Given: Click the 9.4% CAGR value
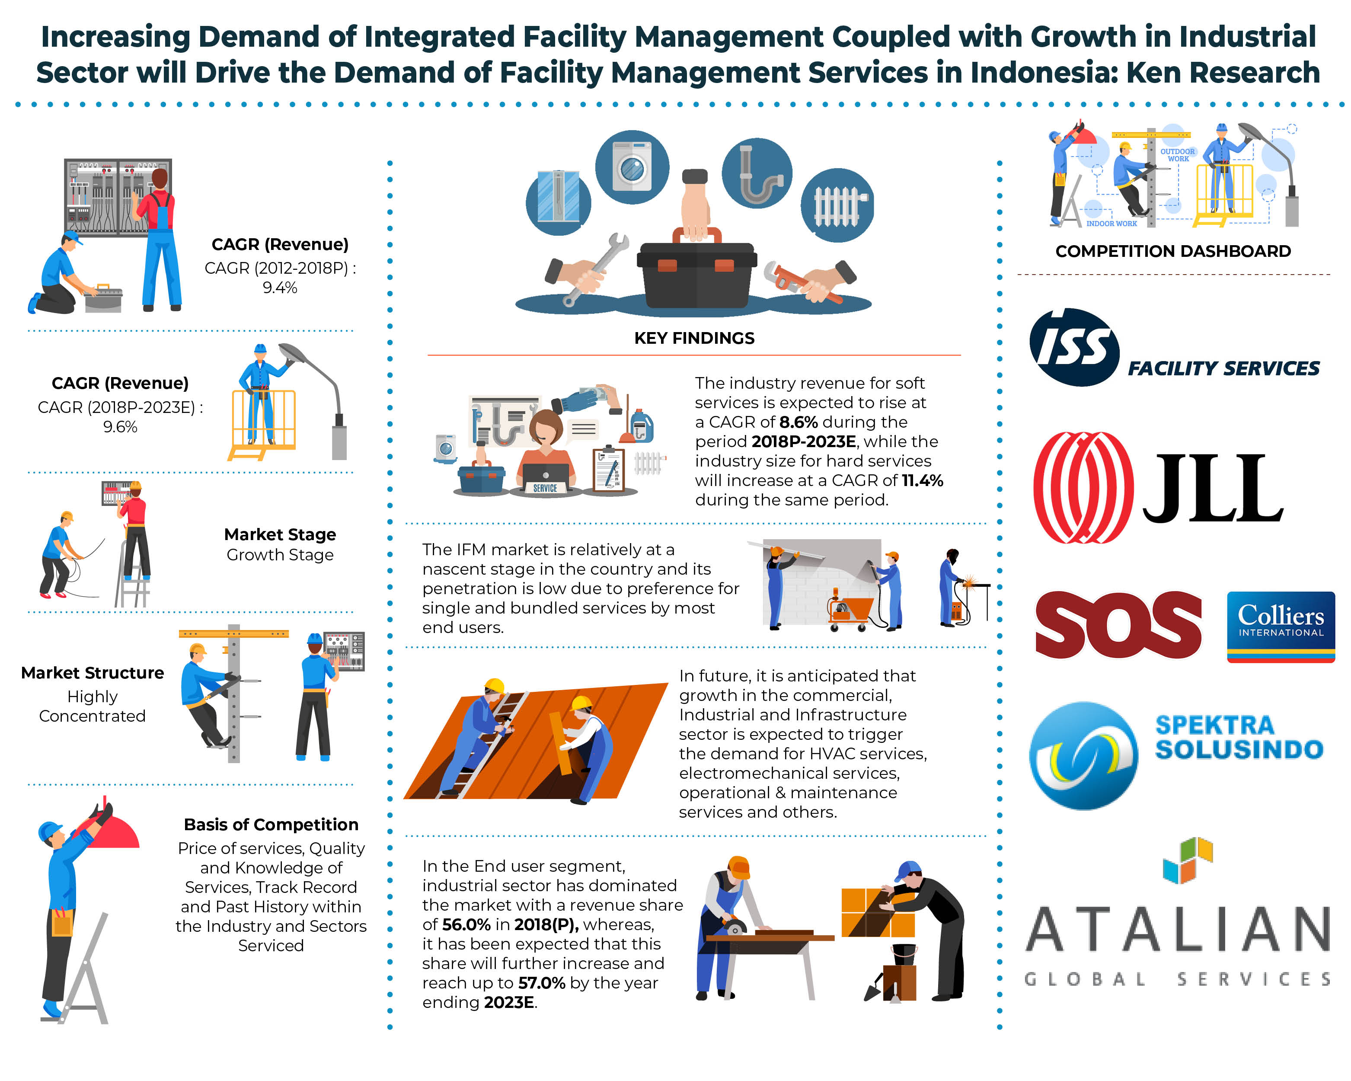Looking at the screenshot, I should pos(279,288).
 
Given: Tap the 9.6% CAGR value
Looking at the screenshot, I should pos(120,427).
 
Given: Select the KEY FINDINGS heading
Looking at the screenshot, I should pos(694,339).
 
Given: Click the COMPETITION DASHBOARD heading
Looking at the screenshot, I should pos(1172,251).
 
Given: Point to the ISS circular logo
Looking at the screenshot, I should pos(1074,347).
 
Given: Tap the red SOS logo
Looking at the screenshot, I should pos(1118,625).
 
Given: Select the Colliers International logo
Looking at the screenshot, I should pos(1280,625).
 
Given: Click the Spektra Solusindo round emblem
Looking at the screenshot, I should pos(1083,756).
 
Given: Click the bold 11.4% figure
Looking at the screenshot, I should pos(923,481).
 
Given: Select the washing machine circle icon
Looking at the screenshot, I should pos(632,167).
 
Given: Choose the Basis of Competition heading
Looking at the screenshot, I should pos(271,825).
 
